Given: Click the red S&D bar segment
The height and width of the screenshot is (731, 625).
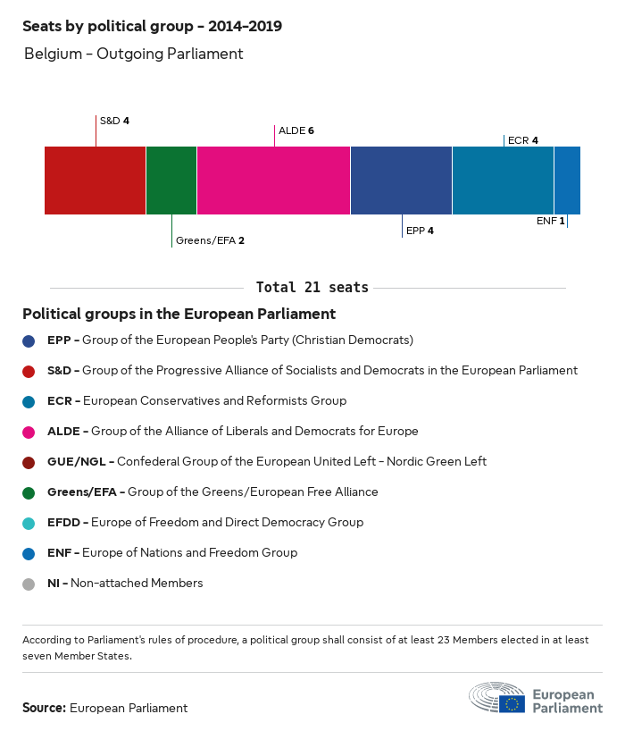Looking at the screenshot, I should [95, 181].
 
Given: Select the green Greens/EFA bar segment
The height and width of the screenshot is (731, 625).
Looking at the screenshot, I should [171, 181].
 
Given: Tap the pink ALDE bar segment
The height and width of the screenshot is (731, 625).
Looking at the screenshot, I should [273, 181].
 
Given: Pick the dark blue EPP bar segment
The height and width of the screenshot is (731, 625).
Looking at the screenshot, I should [401, 181].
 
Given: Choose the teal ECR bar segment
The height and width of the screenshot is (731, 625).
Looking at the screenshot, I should [503, 181].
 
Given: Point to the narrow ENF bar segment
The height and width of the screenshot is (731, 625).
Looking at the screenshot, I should [567, 181].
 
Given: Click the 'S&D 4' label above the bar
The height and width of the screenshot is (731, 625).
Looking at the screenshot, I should [114, 121].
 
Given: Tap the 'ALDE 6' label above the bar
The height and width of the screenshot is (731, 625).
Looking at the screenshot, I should [296, 130].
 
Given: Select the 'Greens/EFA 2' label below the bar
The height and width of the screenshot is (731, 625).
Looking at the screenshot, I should [210, 240].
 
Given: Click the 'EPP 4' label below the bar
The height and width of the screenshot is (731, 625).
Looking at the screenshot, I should [420, 231].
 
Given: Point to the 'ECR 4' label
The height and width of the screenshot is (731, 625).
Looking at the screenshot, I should [522, 140].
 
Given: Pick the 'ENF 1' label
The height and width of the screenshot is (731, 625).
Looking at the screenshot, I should [550, 220].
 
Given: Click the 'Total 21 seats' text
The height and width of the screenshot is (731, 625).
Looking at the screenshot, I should [312, 288].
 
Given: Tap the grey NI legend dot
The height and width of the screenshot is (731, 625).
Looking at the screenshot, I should [29, 584].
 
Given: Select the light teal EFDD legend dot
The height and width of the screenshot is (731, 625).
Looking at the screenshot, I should [29, 523].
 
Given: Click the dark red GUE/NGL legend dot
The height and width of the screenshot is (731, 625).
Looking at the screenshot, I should [29, 462].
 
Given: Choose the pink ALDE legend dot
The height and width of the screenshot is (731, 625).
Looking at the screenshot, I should [29, 432].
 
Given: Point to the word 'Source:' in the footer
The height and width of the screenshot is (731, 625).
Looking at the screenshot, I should [44, 708].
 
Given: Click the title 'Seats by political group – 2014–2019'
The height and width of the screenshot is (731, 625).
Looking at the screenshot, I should [152, 26].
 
